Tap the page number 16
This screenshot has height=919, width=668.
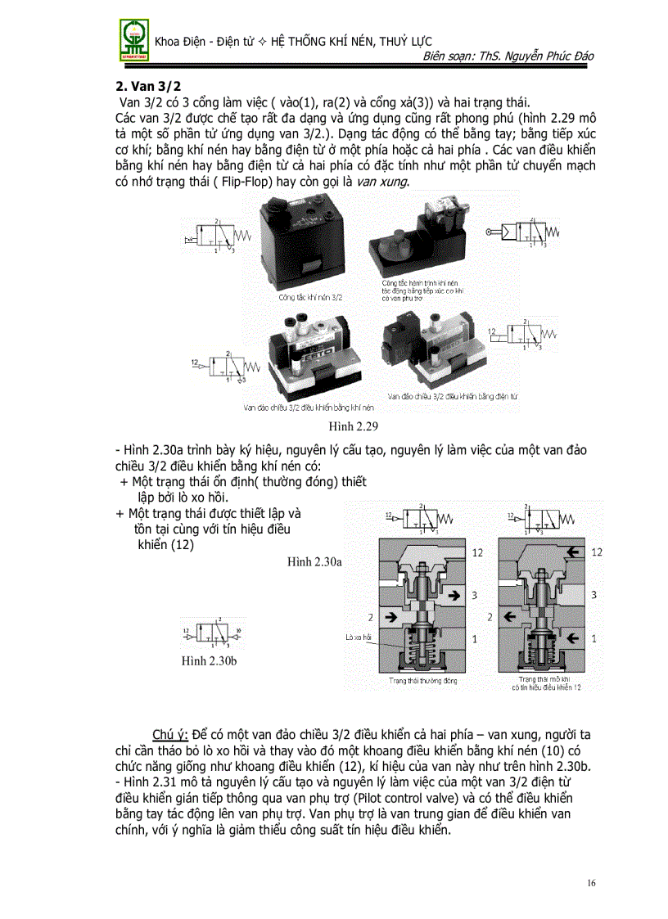pos(594,882)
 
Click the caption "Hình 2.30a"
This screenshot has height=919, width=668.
pos(314,561)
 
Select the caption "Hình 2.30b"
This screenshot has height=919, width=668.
pos(210,660)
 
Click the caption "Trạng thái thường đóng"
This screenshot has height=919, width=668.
pos(422,680)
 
